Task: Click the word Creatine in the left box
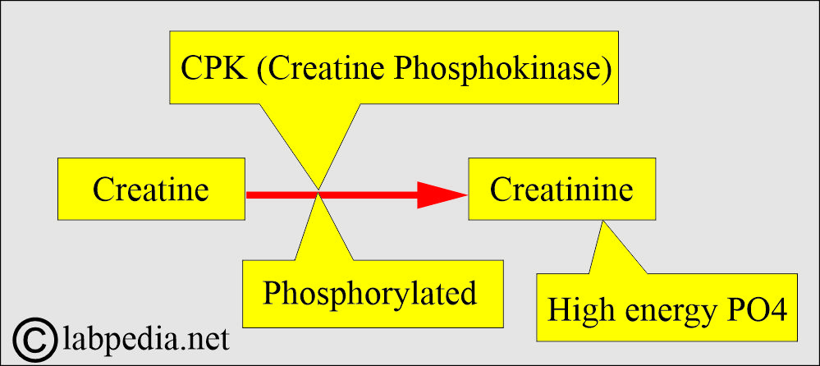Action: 151,190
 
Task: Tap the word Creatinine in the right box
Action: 561,190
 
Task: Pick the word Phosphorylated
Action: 369,293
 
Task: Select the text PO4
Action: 755,310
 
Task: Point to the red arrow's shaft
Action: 328,194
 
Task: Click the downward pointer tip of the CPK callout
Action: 318,185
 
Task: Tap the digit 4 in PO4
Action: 779,310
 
